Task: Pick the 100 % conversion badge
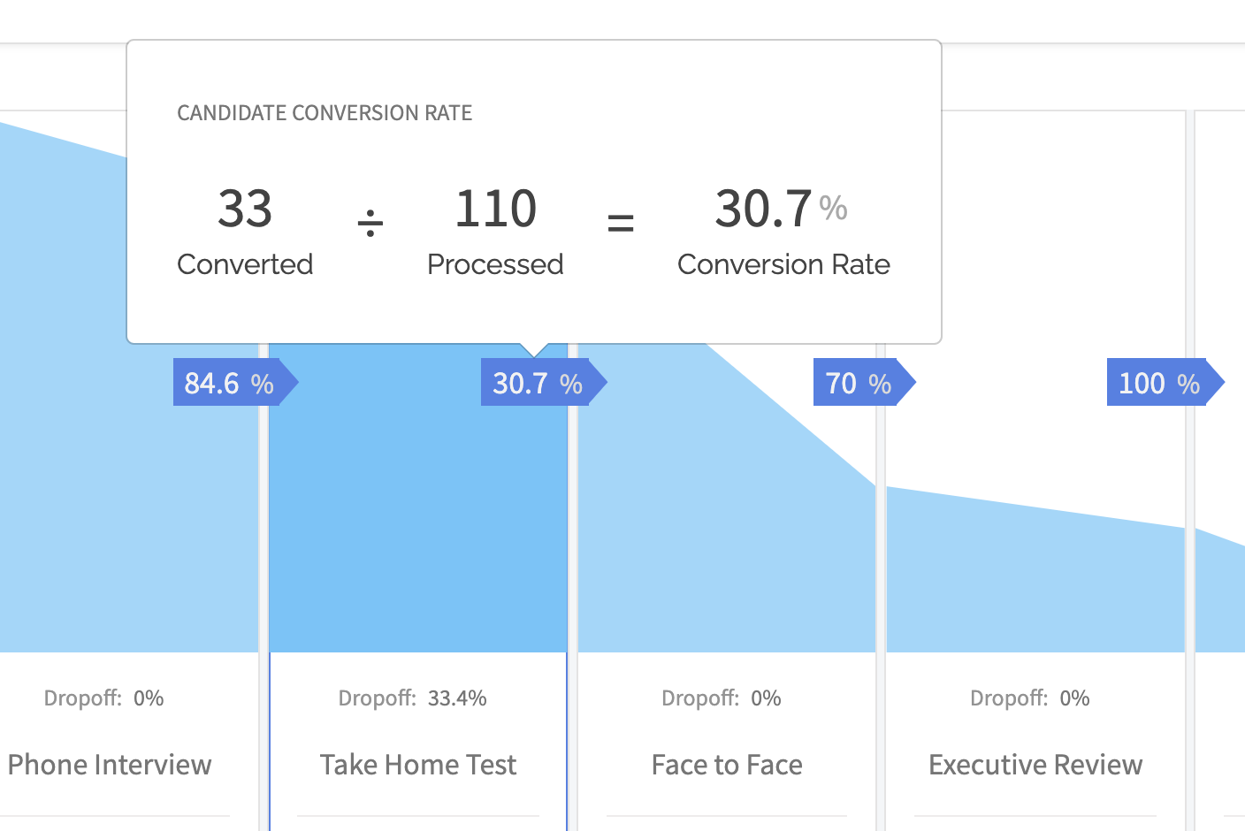click(1159, 383)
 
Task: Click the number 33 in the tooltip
click(245, 210)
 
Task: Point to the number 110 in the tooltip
click(495, 210)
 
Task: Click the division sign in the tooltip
click(370, 223)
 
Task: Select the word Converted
click(245, 264)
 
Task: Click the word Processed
click(495, 264)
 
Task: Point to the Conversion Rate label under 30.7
click(783, 264)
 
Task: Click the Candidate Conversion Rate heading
click(325, 113)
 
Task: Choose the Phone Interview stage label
click(110, 765)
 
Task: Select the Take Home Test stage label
click(418, 765)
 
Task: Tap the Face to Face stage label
click(727, 765)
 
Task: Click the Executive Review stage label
click(1035, 765)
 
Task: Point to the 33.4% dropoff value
click(457, 698)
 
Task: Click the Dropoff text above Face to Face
click(700, 698)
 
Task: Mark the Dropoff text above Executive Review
click(1009, 698)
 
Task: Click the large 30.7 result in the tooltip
click(763, 210)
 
